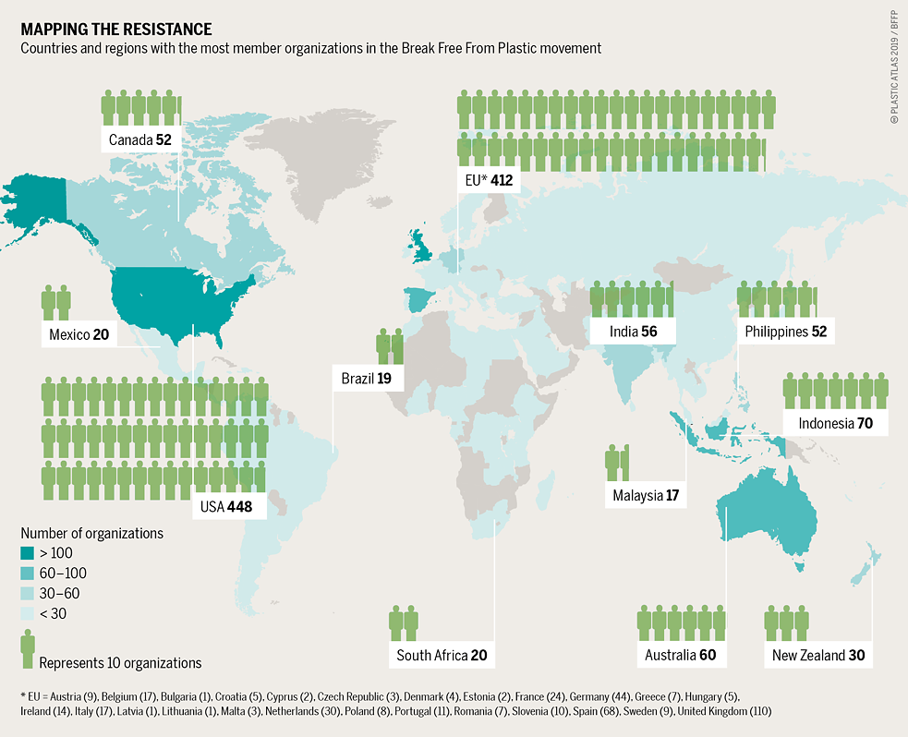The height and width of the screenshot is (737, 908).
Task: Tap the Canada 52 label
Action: coord(139,139)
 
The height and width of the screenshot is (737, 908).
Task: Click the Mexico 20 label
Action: coord(79,334)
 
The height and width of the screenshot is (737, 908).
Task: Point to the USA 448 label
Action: coord(226,506)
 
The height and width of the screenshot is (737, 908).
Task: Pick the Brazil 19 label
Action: coord(367,379)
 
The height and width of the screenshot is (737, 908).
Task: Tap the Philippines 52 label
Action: coord(785,332)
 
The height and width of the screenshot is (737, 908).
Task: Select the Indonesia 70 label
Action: coord(833,423)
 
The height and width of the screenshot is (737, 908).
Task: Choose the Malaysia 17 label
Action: coord(646,496)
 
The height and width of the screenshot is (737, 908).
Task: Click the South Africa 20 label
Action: coord(441,656)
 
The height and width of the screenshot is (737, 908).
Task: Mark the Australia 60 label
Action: coord(681,656)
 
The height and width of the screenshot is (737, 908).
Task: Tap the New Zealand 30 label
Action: coord(818,656)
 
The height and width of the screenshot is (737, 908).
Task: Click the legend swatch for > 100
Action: coord(29,553)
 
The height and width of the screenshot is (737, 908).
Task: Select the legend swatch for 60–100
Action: coord(29,574)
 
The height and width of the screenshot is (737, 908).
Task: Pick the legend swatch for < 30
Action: coord(29,614)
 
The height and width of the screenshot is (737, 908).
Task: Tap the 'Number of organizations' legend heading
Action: coord(91,533)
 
